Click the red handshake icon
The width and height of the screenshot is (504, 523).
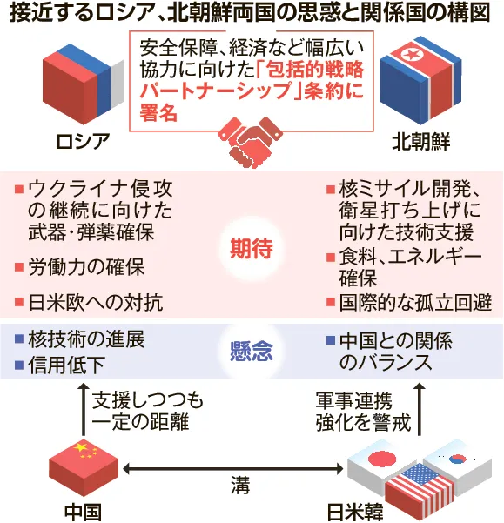tap(250, 142)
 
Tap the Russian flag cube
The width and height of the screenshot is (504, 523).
tap(84, 84)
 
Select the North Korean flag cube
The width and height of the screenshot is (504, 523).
tap(420, 80)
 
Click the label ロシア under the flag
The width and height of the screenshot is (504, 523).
tap(83, 142)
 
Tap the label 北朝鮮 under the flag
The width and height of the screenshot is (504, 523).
tap(421, 142)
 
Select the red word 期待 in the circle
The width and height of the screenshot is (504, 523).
tap(252, 248)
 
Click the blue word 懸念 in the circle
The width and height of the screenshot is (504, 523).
tap(252, 352)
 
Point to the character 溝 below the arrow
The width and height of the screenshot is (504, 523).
tap(240, 485)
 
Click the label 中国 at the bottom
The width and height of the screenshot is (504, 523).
tap(83, 513)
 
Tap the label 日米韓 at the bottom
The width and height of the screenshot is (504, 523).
tap(355, 513)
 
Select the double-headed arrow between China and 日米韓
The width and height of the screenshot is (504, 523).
tap(233, 469)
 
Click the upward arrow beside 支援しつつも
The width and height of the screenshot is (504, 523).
tap(84, 409)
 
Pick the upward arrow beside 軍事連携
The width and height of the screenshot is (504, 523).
tap(420, 409)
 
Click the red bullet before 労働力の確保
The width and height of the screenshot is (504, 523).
tap(19, 267)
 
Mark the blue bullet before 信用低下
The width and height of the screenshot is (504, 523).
tap(19, 365)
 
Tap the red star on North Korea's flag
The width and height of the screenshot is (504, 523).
tap(407, 54)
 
